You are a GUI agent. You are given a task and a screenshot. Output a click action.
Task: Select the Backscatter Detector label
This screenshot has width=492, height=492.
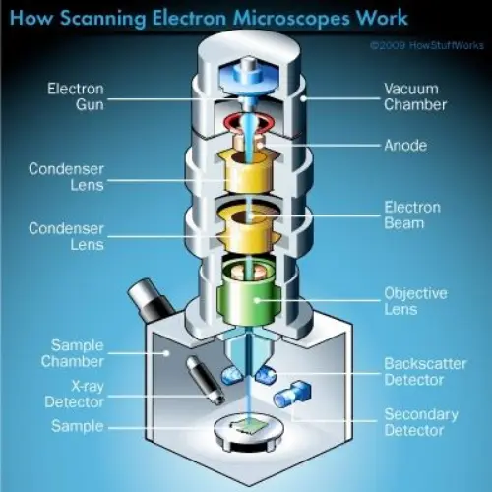click(x=423, y=372)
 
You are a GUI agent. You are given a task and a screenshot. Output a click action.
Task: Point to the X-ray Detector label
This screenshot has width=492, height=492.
click(x=75, y=394)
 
